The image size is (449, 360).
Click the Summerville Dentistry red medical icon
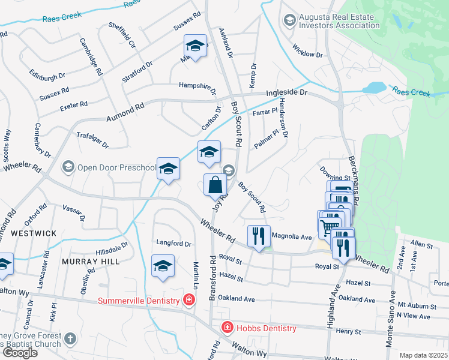(189, 299)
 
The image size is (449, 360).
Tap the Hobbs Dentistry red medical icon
(227, 328)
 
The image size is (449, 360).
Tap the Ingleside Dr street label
(286, 94)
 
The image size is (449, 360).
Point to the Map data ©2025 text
(424, 355)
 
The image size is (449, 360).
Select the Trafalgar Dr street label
(93, 140)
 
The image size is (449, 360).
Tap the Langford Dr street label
(173, 244)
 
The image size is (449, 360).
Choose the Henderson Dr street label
(283, 118)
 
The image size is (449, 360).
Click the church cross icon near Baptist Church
(71, 338)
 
